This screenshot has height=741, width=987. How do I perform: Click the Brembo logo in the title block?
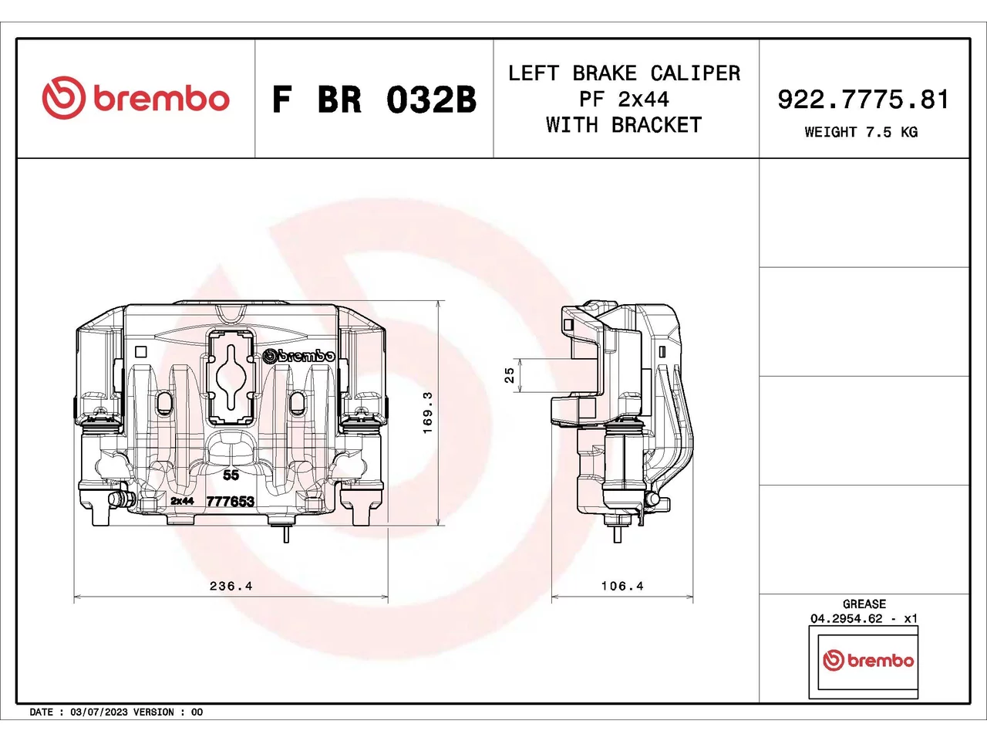pyautogui.click(x=136, y=98)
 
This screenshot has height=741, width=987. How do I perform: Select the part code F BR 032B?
pyautogui.click(x=374, y=100)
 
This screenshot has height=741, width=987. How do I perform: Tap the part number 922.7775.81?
pyautogui.click(x=863, y=100)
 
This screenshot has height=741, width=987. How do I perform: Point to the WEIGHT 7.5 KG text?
pyautogui.click(x=861, y=132)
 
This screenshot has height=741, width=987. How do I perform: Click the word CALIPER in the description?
pyautogui.click(x=696, y=73)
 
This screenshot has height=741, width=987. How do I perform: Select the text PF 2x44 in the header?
pyautogui.click(x=624, y=100)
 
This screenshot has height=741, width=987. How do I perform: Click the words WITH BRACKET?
pyautogui.click(x=624, y=125)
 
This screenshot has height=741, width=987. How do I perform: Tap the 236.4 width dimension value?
pyautogui.click(x=231, y=586)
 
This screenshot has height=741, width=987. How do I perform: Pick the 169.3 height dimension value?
pyautogui.click(x=428, y=412)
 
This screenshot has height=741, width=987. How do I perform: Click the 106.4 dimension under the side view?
pyautogui.click(x=622, y=586)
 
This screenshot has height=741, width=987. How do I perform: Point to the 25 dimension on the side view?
pyautogui.click(x=510, y=375)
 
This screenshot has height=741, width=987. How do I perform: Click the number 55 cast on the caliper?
pyautogui.click(x=231, y=475)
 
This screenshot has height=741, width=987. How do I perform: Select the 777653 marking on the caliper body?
pyautogui.click(x=231, y=501)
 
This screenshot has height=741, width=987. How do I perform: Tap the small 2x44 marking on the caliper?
pyautogui.click(x=182, y=501)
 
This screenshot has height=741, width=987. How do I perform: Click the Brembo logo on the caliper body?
pyautogui.click(x=299, y=355)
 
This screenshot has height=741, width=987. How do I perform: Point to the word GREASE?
pyautogui.click(x=864, y=604)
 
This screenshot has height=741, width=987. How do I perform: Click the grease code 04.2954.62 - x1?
pyautogui.click(x=864, y=618)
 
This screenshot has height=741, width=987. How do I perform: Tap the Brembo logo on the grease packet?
pyautogui.click(x=868, y=661)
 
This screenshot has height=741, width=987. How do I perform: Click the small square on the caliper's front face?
pyautogui.click(x=141, y=352)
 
